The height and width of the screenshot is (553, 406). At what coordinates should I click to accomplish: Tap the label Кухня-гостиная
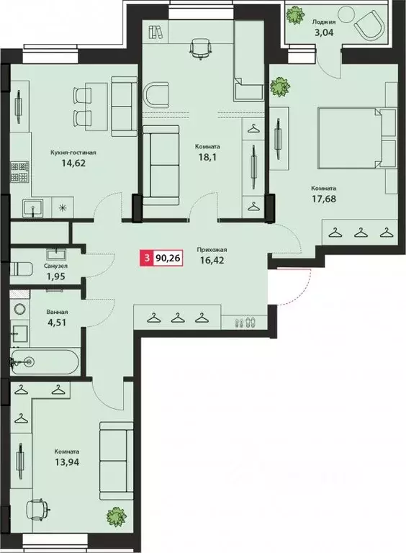(x=73, y=153)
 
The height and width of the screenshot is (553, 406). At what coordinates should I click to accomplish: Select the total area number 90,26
(x=170, y=256)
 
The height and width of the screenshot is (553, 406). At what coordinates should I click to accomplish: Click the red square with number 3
(x=148, y=256)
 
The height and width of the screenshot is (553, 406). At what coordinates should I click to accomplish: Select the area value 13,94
(x=66, y=463)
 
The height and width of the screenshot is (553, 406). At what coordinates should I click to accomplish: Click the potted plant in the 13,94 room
(x=113, y=516)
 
